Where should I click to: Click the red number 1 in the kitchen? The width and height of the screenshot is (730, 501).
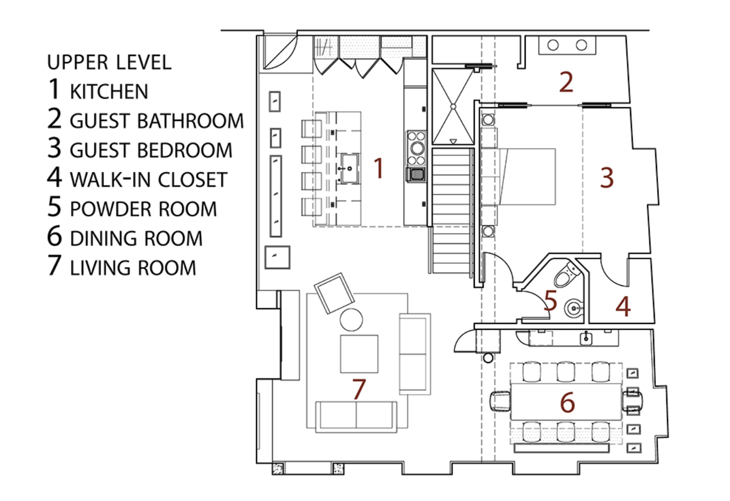click(378, 168)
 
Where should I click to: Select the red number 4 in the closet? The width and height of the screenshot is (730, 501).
click(623, 307)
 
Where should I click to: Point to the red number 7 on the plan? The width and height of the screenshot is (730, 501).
click(358, 389)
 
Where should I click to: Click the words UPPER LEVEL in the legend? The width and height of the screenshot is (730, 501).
click(110, 62)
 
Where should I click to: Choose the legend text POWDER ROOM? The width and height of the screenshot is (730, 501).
click(143, 209)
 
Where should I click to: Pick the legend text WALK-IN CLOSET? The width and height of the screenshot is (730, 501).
click(149, 180)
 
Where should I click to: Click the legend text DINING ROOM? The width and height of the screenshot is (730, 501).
click(136, 238)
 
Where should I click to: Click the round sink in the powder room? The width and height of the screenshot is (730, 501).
click(575, 308)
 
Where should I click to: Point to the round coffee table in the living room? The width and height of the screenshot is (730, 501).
click(351, 320)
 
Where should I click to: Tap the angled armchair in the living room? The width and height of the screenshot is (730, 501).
click(334, 293)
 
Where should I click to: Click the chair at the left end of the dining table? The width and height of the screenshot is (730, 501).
click(500, 402)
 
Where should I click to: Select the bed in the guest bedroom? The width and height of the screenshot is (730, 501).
click(518, 177)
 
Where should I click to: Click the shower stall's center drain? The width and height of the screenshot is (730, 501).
click(453, 107)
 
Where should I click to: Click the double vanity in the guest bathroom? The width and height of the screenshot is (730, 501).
click(567, 46)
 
